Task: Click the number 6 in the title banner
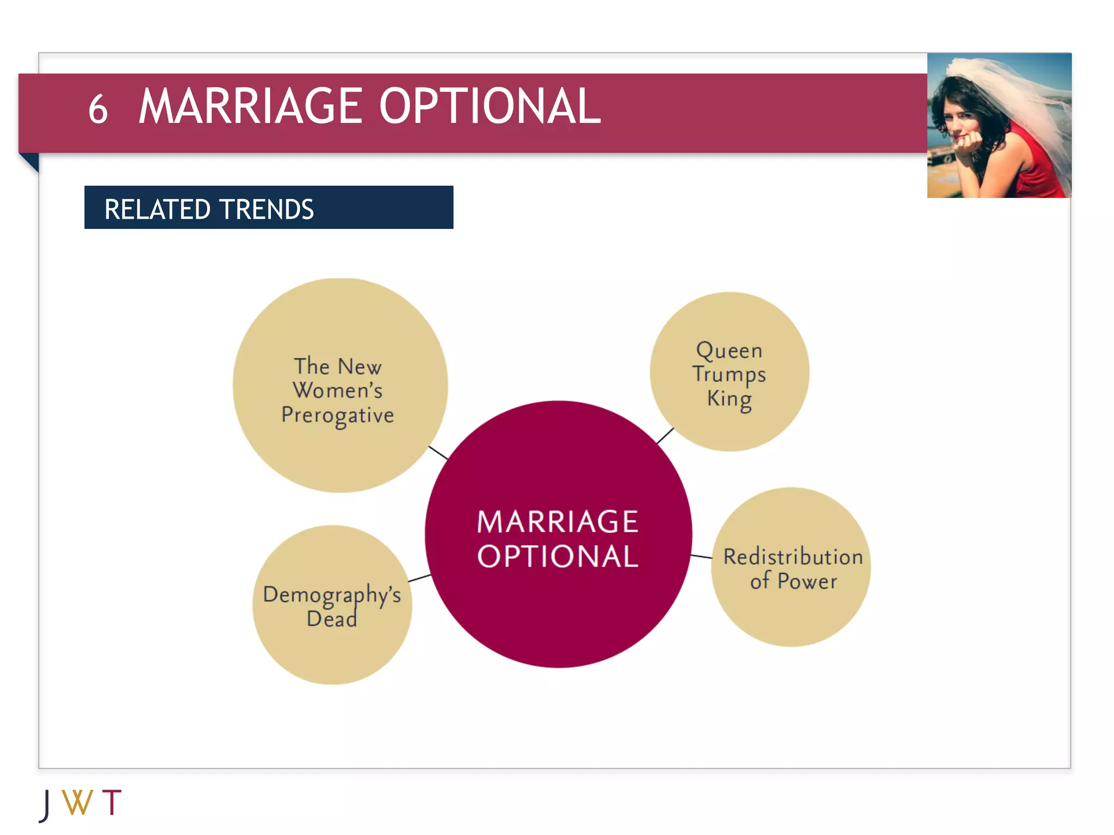coord(98,109)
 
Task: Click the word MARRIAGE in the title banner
coord(250,107)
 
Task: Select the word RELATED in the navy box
coord(158,209)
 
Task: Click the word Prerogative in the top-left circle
coord(337,415)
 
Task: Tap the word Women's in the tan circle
coord(337,390)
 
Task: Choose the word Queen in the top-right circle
coord(729,351)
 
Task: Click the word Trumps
coord(729,375)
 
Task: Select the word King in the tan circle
coord(729,398)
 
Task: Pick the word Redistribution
coord(793,557)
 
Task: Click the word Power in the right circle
coord(807,581)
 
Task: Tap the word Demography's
coord(332,595)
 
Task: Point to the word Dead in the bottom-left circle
coord(332,619)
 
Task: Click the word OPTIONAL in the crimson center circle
coord(558,557)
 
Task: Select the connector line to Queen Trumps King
coord(665,436)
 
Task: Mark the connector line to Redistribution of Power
coord(701,556)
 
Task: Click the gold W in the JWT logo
coord(77,802)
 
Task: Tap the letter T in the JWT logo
coord(112,802)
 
